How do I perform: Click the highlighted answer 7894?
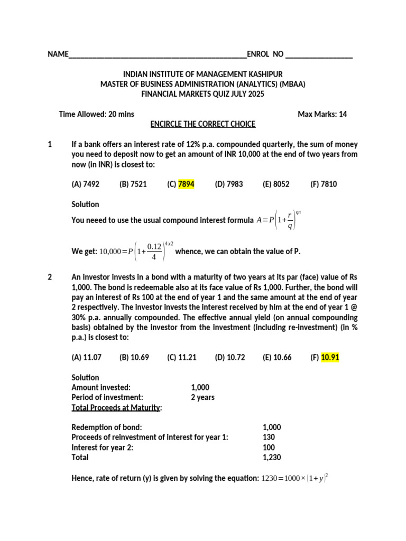click(187, 184)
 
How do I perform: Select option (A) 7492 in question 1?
click(85, 184)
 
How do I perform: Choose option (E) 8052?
click(276, 184)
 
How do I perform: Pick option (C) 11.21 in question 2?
click(181, 358)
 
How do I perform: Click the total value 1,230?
click(272, 458)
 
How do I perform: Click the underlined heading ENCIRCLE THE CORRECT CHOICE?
click(203, 124)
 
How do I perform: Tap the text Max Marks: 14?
click(322, 114)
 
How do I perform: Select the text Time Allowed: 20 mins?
click(96, 114)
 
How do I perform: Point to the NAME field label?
click(58, 54)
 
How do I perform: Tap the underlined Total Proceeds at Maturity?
click(117, 407)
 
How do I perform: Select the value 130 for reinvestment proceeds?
click(269, 437)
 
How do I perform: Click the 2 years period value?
click(202, 397)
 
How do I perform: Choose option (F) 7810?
click(324, 184)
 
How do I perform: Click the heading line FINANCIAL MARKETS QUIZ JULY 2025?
click(202, 94)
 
